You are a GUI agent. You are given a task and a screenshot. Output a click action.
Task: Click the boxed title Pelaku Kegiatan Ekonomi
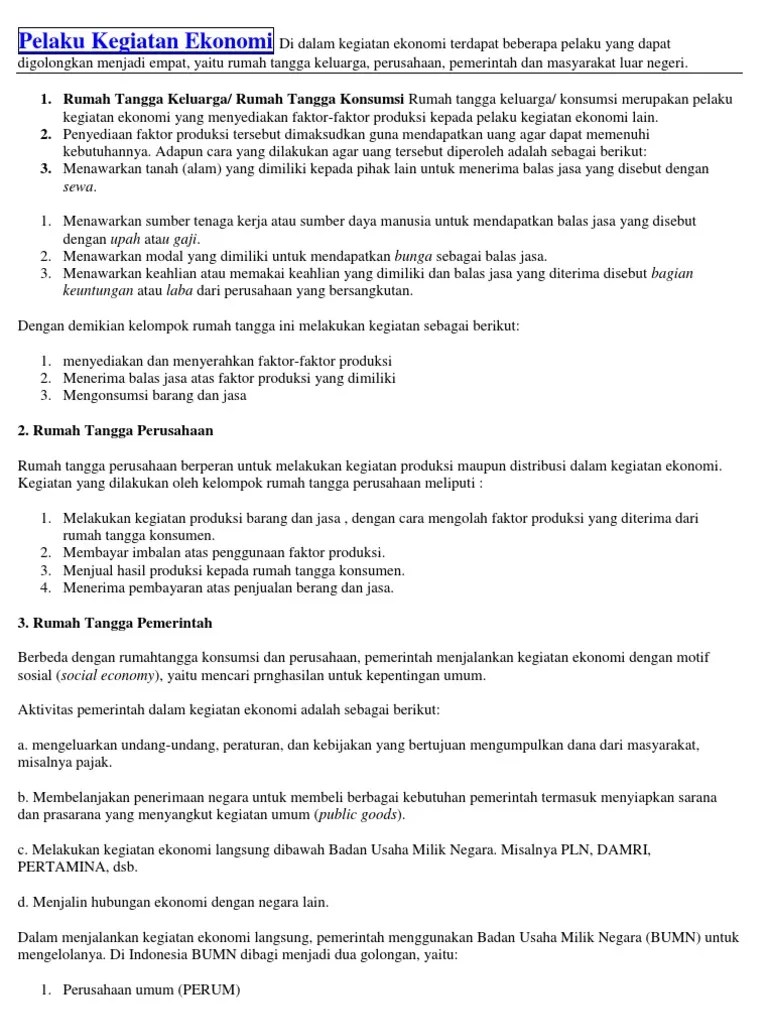coord(146,42)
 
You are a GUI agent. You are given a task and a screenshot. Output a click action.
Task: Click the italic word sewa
coord(79,186)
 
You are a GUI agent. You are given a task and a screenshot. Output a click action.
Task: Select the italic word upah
coord(125,239)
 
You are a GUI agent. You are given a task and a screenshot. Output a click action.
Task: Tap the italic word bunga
coord(414,256)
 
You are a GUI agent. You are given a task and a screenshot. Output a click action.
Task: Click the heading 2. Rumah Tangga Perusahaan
coord(116,430)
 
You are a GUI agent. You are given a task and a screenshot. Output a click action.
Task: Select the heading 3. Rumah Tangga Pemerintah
coord(115,623)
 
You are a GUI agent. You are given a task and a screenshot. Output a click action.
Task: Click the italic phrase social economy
coord(107,675)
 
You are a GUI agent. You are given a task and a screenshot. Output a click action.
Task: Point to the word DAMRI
coord(622,850)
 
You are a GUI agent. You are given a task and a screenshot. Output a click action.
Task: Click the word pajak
coord(92,763)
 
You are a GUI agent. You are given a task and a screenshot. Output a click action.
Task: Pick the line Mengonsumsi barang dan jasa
coord(155,395)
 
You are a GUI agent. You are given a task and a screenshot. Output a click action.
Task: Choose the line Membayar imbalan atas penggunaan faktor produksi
coord(224,552)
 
